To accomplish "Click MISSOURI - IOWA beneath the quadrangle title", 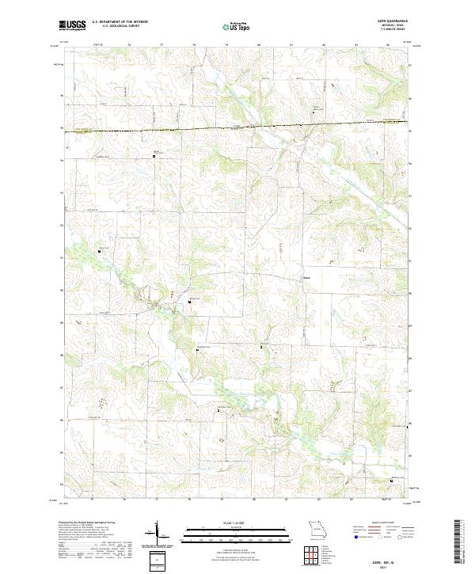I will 393,25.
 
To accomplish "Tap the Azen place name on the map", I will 306,277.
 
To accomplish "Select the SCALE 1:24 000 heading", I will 237,523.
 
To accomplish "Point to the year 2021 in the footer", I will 393,565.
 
